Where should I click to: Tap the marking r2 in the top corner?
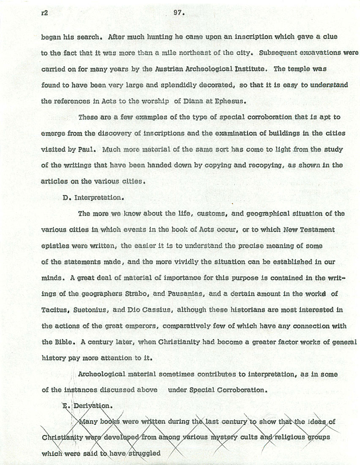point(44,13)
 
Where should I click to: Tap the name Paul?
point(87,150)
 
